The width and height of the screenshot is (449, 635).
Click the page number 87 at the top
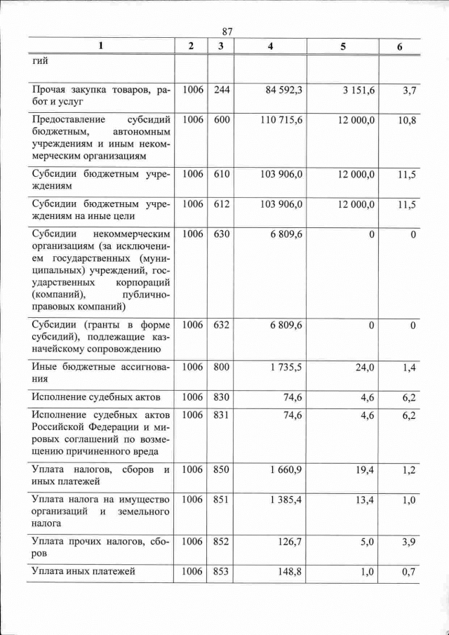(227, 32)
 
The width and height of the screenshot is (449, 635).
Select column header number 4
(271, 46)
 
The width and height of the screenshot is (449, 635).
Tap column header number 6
(400, 46)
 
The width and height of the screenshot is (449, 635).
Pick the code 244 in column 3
(222, 90)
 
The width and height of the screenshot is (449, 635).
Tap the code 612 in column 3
(222, 204)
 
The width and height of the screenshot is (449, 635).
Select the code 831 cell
(222, 415)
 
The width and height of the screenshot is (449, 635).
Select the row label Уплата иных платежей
(83, 573)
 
